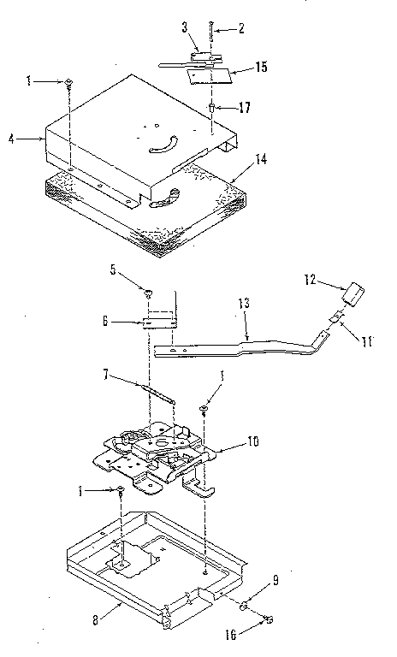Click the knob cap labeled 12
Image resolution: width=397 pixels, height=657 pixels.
pyautogui.click(x=352, y=294)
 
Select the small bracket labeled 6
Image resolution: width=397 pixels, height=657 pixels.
pyautogui.click(x=160, y=322)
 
